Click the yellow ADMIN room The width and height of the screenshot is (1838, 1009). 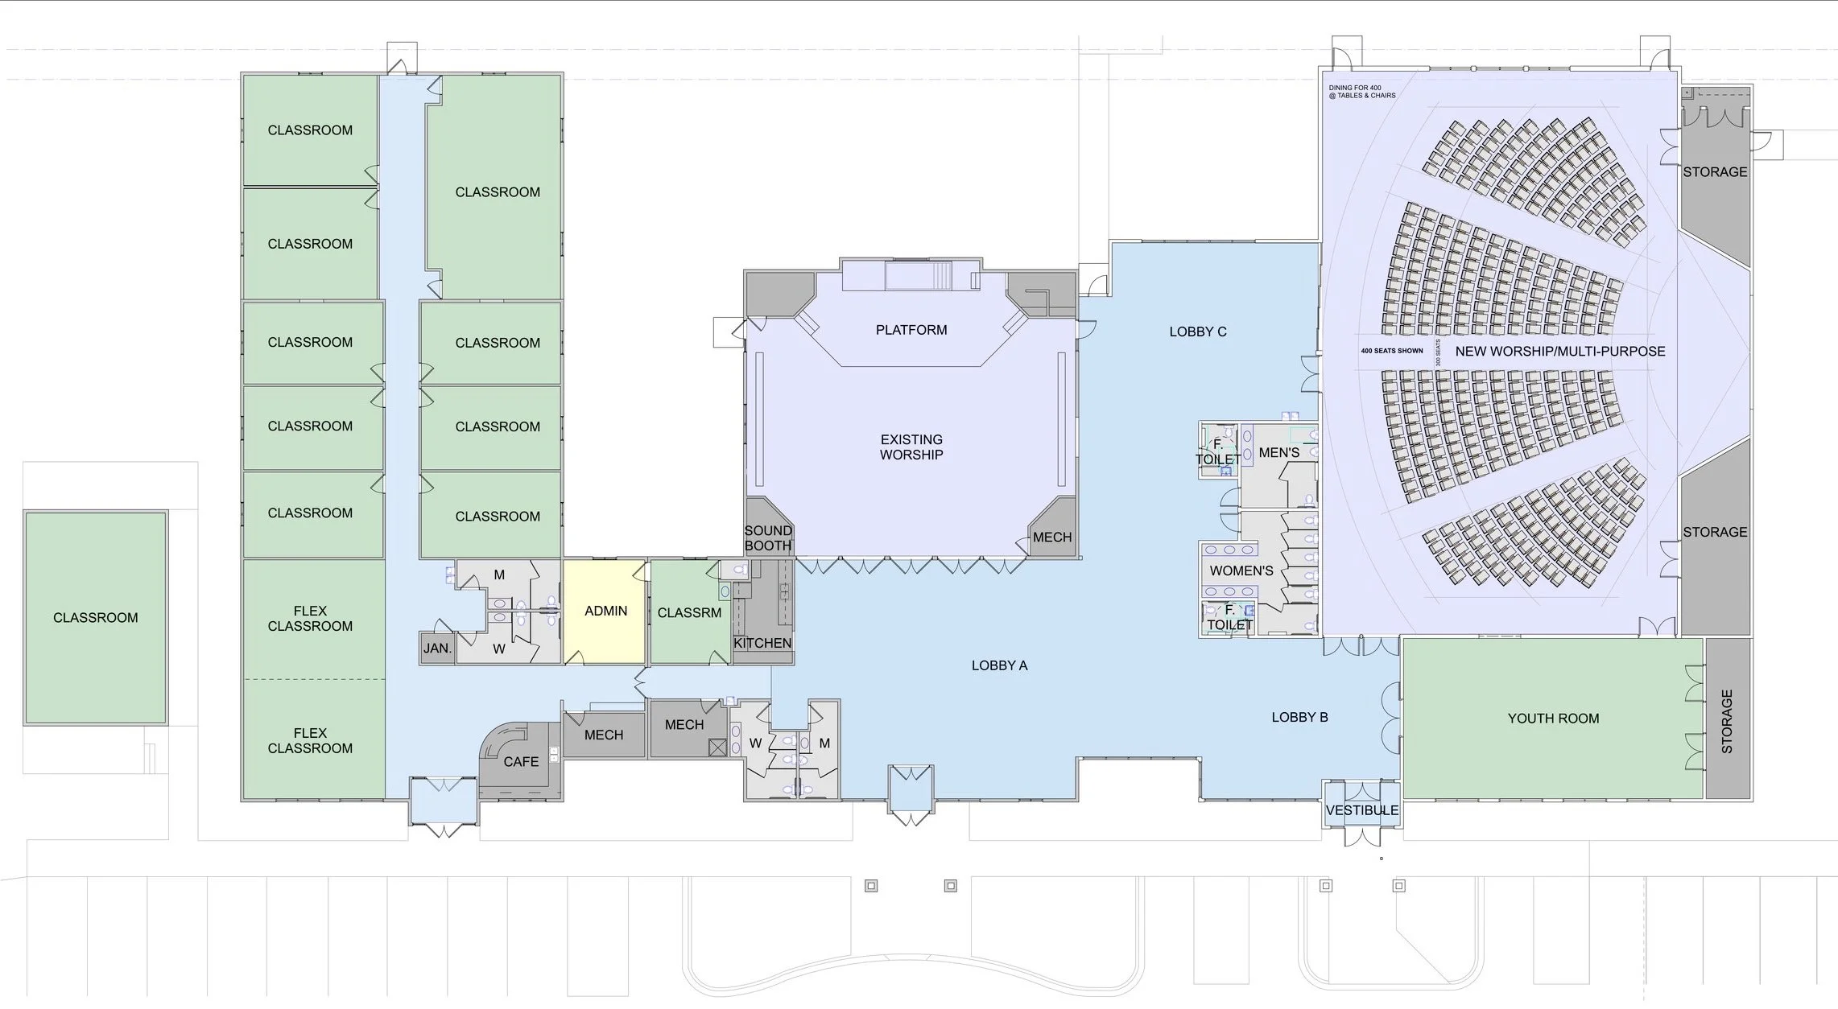click(605, 612)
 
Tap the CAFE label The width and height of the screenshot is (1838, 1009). click(521, 762)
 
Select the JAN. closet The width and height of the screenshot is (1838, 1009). click(437, 649)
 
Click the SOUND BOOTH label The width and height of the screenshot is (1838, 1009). click(768, 538)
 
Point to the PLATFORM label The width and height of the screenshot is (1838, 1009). click(911, 330)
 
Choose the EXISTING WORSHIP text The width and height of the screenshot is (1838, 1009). click(911, 447)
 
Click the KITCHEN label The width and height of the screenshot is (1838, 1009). click(762, 644)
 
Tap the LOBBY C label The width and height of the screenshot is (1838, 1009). click(1198, 332)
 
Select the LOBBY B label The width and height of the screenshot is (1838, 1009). click(1299, 718)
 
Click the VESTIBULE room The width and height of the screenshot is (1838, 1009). click(1362, 803)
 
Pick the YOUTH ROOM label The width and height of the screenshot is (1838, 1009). click(1553, 719)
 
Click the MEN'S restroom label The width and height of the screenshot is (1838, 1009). click(1279, 453)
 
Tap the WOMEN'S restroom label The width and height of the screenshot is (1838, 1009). click(1241, 571)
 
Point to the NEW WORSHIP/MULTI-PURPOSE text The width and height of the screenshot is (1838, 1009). click(1560, 352)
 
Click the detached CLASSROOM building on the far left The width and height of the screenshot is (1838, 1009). click(96, 617)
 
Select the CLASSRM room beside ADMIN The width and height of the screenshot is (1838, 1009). click(690, 612)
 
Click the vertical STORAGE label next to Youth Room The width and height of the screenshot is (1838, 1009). click(1727, 722)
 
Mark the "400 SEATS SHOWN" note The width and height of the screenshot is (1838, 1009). click(1392, 351)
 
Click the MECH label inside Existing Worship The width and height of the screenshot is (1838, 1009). click(1052, 537)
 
